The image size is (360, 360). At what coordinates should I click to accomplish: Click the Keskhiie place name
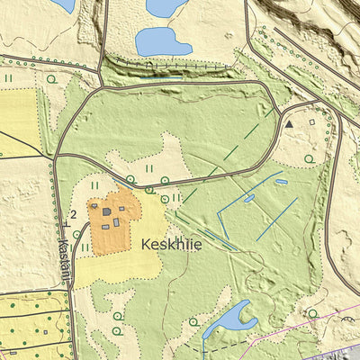point(171,243)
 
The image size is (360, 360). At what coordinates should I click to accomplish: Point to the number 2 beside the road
point(71,213)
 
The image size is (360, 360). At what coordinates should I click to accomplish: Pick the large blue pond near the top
point(163,40)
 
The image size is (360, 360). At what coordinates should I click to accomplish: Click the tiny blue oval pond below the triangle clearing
point(280,182)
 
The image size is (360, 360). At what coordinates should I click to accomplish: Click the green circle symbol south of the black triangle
point(309,158)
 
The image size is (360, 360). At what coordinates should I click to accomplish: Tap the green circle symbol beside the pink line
point(312,313)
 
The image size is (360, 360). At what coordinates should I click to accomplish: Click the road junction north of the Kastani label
point(56,160)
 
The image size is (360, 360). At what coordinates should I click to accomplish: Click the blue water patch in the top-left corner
point(63,4)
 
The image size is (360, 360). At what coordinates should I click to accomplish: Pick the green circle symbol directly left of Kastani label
point(76,235)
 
